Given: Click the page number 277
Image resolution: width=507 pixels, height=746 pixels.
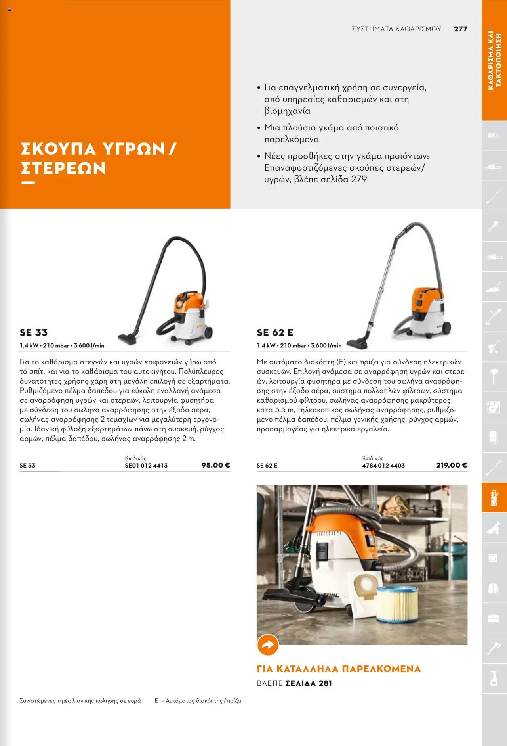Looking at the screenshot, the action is coord(460,29).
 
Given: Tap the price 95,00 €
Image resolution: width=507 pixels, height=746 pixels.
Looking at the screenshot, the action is coord(215,465).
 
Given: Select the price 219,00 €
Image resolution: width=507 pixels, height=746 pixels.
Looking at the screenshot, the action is coord(452,465).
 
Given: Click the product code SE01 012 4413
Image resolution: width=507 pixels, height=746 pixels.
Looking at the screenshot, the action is coord(146,466).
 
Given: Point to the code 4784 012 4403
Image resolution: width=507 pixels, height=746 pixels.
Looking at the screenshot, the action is coord(383,466).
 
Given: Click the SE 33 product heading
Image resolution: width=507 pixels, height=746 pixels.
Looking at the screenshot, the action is coord(34,332).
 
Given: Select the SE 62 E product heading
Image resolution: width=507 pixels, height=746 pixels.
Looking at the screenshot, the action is coord(275,332).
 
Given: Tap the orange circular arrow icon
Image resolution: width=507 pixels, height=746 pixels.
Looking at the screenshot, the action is coord(268,645).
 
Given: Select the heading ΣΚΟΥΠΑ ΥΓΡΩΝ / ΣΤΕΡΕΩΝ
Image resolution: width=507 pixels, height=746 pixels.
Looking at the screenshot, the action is coord(98,158).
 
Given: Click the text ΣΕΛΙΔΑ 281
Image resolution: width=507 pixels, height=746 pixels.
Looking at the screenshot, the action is coord(309,683).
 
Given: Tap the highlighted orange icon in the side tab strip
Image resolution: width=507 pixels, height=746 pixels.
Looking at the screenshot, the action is coord(494,497).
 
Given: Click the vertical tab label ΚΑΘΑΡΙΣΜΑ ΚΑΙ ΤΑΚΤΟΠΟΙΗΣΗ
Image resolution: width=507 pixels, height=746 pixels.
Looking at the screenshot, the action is coord(494,60).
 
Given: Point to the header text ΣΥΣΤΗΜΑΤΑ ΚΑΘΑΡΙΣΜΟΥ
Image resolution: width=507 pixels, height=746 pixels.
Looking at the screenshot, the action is coord(396,29).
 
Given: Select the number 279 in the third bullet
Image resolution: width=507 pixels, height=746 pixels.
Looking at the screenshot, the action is coord(359,179).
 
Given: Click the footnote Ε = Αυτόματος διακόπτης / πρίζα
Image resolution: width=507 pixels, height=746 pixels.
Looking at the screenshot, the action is coord(198,701).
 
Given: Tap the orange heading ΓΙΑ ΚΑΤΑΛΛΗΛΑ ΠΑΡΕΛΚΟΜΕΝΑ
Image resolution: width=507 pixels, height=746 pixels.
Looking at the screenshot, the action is coord(339,669).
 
